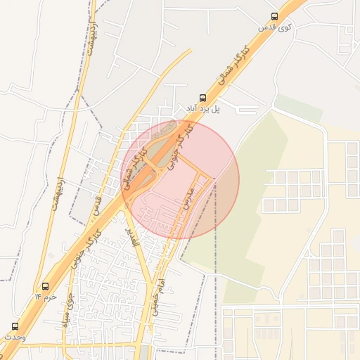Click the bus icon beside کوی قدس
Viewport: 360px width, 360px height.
274,16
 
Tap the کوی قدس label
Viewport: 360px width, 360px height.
274,27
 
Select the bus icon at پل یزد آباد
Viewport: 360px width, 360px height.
203,98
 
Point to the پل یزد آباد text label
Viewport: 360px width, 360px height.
203,109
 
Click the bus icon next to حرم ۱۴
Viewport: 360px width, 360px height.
46,286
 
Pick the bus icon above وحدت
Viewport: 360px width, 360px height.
15,326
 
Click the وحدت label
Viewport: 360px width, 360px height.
15,337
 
